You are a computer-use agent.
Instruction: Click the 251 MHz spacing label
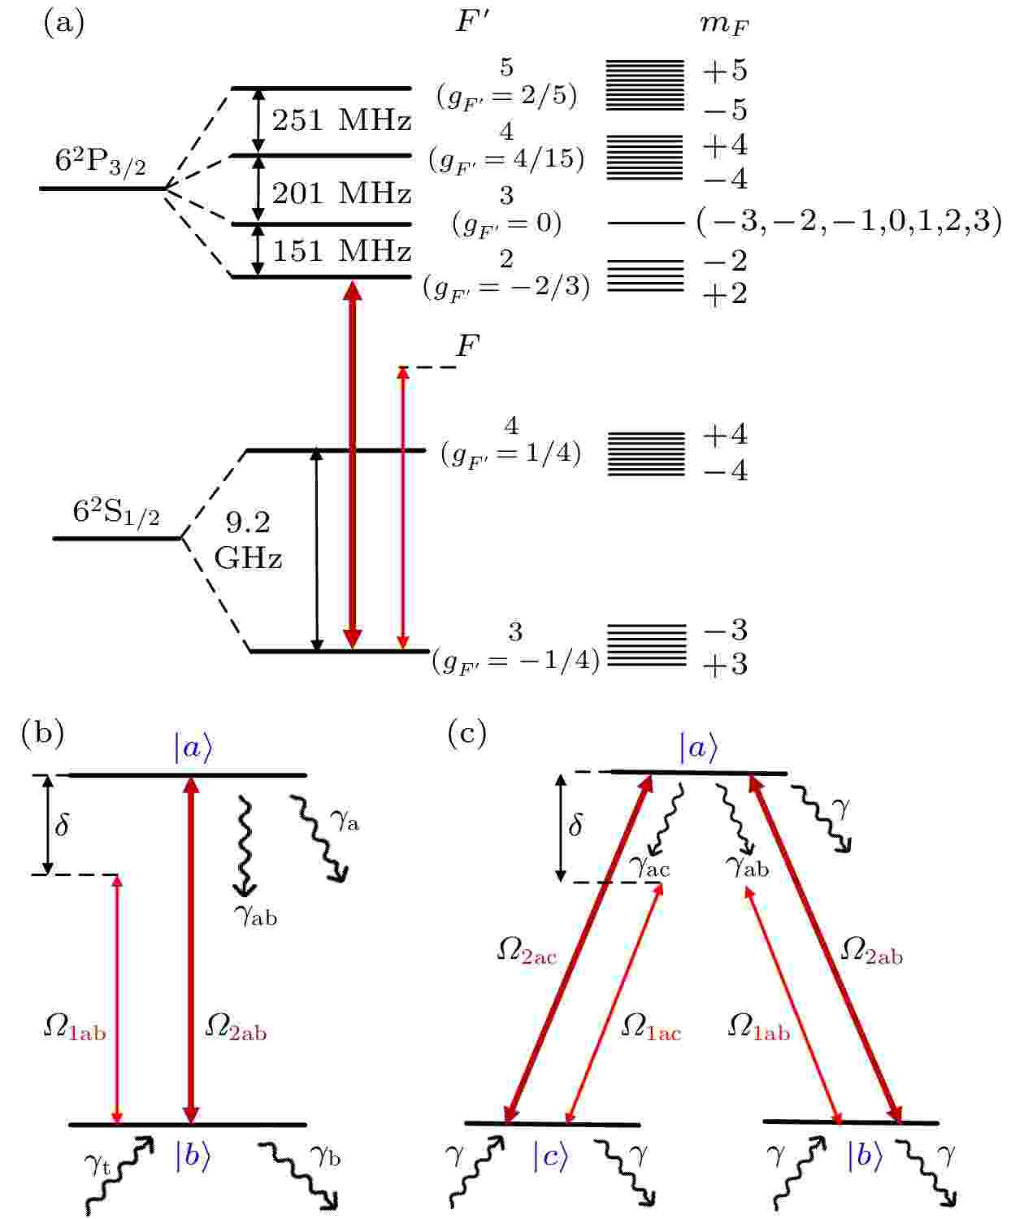coord(341,121)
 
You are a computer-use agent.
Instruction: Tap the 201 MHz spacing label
coord(341,193)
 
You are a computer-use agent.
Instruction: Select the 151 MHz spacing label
coord(341,251)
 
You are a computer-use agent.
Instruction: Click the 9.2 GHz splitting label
coord(248,540)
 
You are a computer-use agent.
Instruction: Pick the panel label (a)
coord(64,24)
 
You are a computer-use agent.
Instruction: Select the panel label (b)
coord(42,733)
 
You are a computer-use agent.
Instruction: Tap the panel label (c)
coord(467,733)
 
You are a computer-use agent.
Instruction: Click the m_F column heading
coord(724,25)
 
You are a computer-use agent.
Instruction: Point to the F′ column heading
coord(472,21)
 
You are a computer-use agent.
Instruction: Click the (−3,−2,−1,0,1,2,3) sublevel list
coord(849,221)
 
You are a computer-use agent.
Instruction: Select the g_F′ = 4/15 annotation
coord(507,158)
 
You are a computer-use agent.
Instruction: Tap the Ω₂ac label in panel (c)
coord(527,951)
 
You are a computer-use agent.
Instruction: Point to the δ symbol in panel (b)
coord(62,825)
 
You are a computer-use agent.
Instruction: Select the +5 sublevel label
coord(724,69)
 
